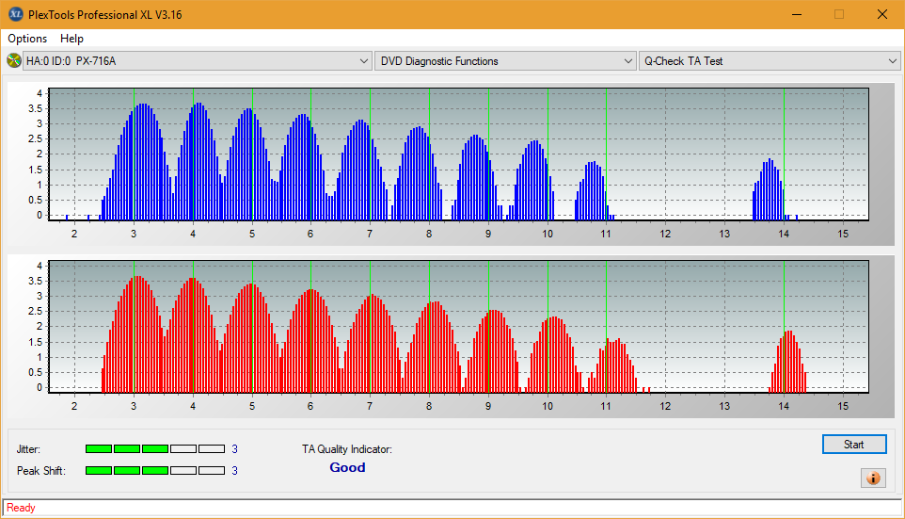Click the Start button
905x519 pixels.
(854, 445)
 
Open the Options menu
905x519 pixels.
(27, 39)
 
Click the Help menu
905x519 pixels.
(71, 39)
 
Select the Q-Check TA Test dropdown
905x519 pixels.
(769, 61)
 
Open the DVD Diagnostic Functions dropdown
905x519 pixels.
(505, 61)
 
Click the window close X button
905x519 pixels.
(881, 14)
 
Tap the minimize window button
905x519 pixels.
(796, 14)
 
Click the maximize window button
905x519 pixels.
(838, 14)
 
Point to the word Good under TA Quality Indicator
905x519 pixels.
(347, 467)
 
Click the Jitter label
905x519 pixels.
(29, 449)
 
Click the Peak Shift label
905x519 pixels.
(41, 470)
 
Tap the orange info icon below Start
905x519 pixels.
(873, 478)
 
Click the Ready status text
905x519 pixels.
(21, 508)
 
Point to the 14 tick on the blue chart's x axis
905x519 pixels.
(784, 233)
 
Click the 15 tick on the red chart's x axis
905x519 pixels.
(843, 405)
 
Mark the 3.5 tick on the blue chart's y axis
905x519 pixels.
(35, 108)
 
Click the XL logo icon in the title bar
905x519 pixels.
(15, 14)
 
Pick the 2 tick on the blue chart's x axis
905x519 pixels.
(74, 233)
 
